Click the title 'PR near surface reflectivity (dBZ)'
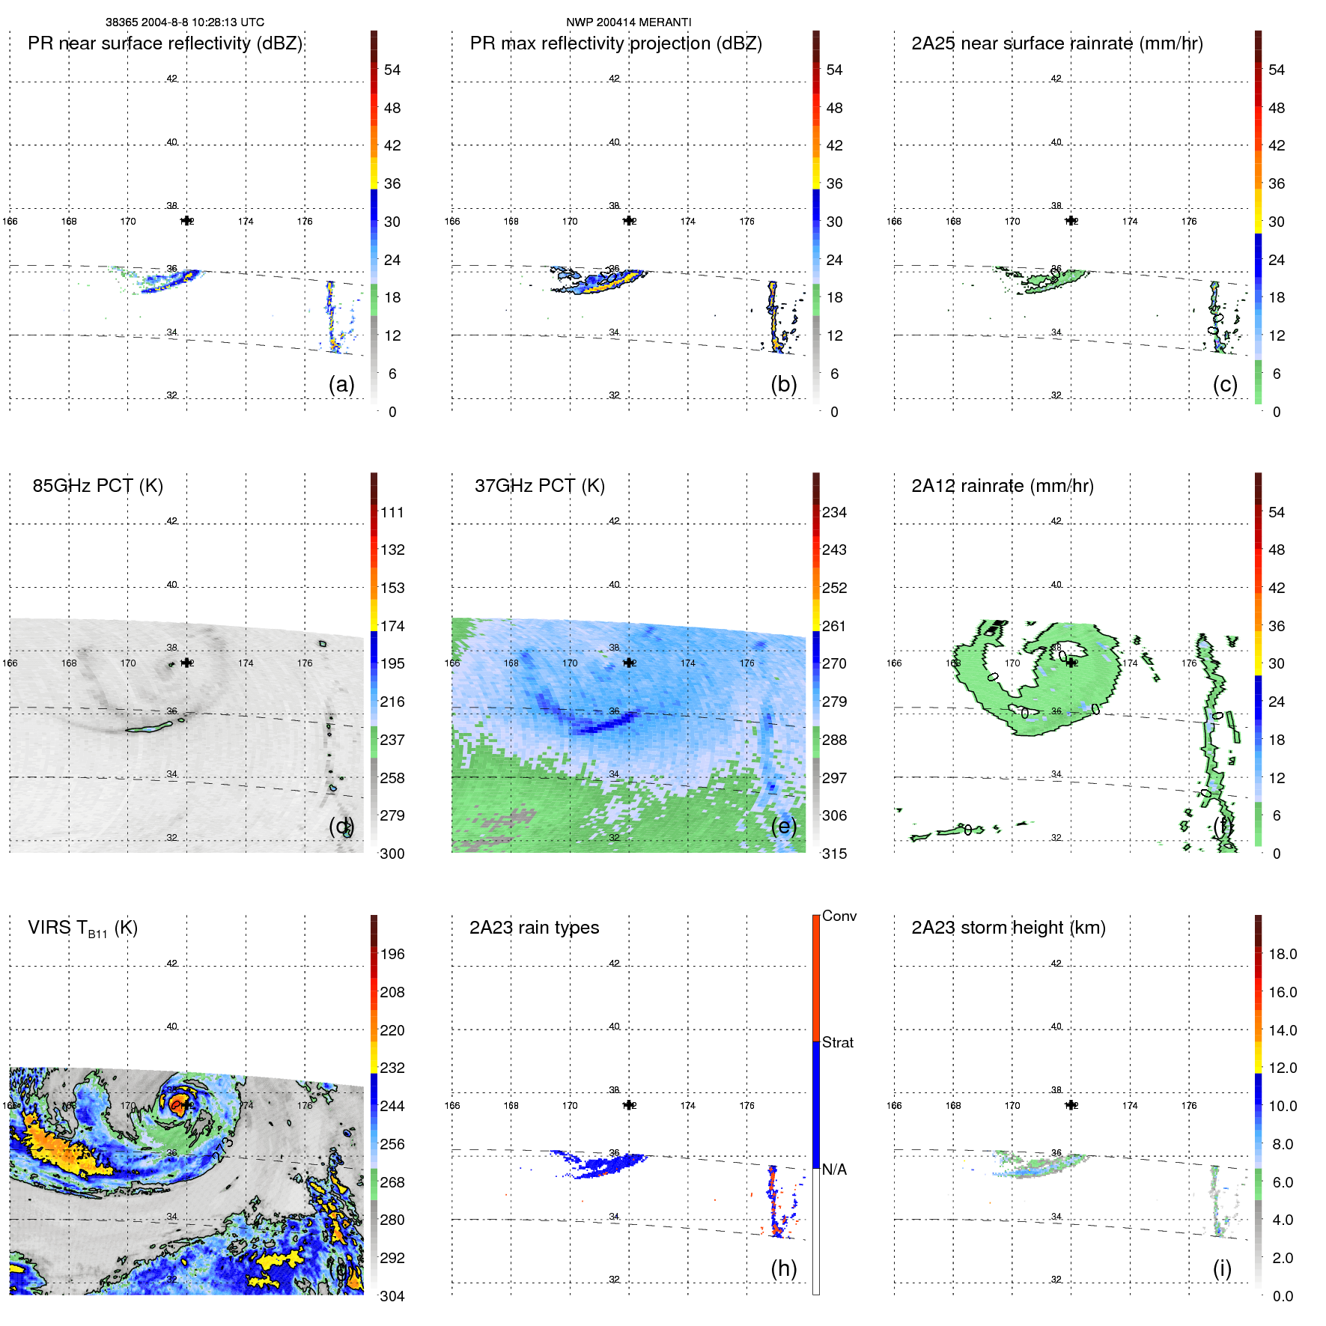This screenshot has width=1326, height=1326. tap(165, 43)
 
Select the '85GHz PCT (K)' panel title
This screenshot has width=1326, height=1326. tap(97, 486)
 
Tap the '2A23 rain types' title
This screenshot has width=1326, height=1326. tap(534, 928)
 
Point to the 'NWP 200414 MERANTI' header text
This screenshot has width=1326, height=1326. tap(628, 22)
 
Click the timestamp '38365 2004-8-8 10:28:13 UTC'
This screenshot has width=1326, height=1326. tap(184, 22)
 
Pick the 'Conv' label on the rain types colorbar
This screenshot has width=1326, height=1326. tap(839, 916)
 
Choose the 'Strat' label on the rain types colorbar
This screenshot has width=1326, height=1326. tap(837, 1042)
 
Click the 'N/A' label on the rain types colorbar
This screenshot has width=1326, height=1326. tap(834, 1170)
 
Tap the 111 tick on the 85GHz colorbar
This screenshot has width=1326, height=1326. tap(392, 512)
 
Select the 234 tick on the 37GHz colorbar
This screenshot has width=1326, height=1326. tap(834, 512)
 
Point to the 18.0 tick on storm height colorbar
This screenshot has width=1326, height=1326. tap(1282, 954)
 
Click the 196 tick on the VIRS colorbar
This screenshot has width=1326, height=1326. tap(392, 954)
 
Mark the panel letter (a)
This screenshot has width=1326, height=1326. tap(341, 384)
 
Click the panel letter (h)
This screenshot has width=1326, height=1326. tap(783, 1268)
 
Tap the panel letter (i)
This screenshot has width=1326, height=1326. tap(1222, 1268)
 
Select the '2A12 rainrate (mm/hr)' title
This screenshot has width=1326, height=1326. tap(1002, 486)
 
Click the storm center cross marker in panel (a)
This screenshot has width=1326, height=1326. tap(186, 221)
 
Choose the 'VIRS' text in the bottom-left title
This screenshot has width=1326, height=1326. tap(49, 928)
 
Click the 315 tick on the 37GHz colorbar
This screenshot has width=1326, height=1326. tap(834, 854)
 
